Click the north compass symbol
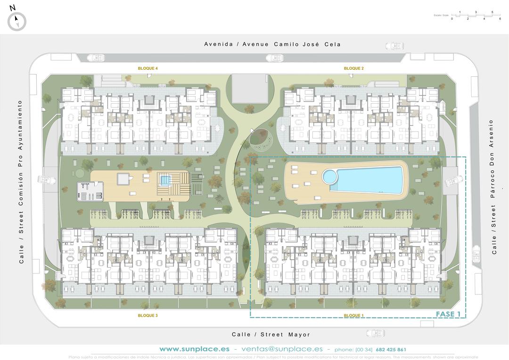pyautogui.click(x=16, y=21)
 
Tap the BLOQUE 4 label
pyautogui.click(x=148, y=69)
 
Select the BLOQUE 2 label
pyautogui.click(x=353, y=69)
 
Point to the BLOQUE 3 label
pyautogui.click(x=148, y=315)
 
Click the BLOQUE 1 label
pyautogui.click(x=353, y=315)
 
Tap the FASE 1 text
pyautogui.click(x=448, y=314)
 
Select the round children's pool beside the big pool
pyautogui.click(x=330, y=177)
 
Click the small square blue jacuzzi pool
pyautogui.click(x=164, y=180)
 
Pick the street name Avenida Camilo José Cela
pyautogui.click(x=272, y=44)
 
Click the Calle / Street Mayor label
pyautogui.click(x=271, y=335)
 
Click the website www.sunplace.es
pyautogui.click(x=194, y=349)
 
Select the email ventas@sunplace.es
pyautogui.click(x=282, y=349)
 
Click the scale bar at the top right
pyautogui.click(x=475, y=15)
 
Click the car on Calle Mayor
pyautogui.click(x=375, y=334)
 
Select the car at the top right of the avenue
pyautogui.click(x=394, y=46)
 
